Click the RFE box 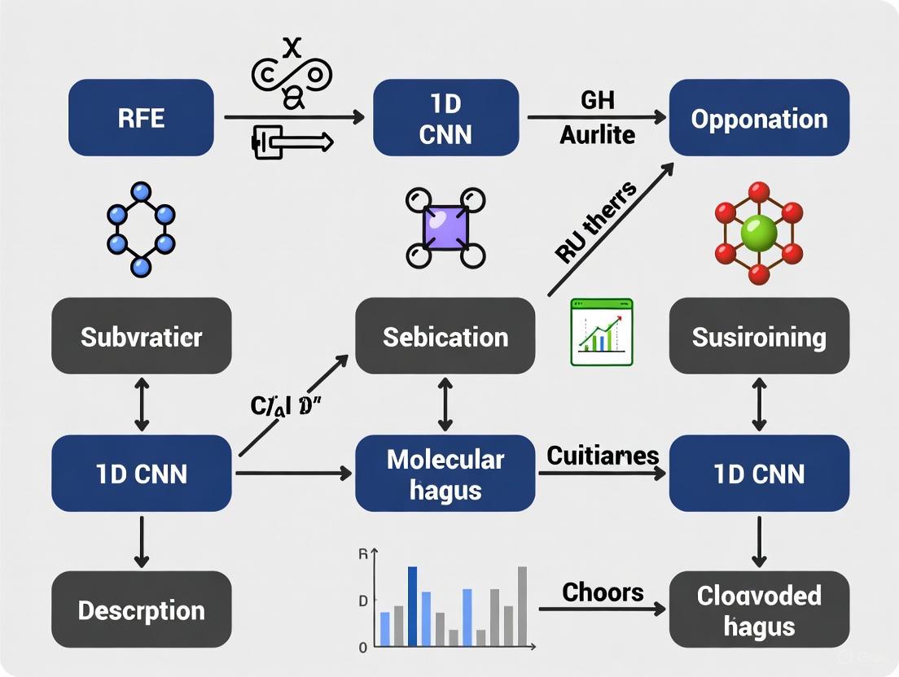tap(141, 118)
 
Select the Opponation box tap(759, 118)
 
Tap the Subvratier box tap(141, 336)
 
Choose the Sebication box tap(445, 336)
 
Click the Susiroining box tap(759, 336)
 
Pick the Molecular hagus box tap(445, 474)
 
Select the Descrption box tap(141, 609)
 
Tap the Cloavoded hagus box tap(759, 609)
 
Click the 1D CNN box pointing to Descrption tap(141, 474)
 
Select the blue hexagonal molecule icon tap(141, 229)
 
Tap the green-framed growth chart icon tap(602, 331)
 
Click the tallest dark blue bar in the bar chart tap(412, 605)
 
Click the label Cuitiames tap(602, 455)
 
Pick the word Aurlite tap(597, 134)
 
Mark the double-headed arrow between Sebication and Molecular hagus tap(445, 404)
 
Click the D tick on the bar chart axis tap(363, 601)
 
